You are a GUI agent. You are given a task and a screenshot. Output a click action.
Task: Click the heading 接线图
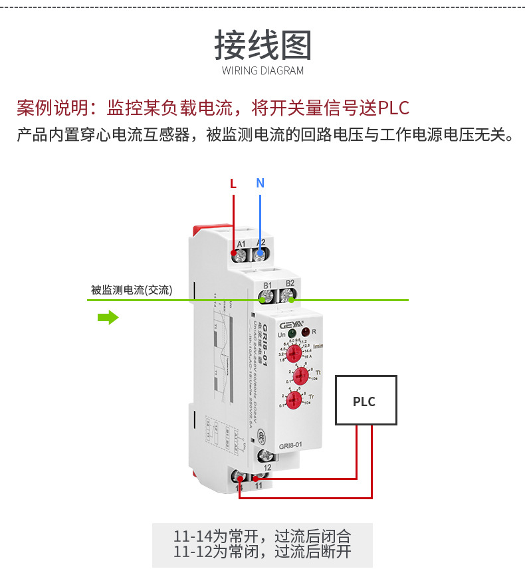coord(262,45)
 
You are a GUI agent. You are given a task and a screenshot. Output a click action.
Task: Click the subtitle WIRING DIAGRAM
coord(262,70)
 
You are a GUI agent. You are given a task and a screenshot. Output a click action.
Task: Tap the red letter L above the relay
coord(233,184)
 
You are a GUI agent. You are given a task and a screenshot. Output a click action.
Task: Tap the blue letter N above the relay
coord(260,183)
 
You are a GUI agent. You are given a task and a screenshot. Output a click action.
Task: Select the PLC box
coord(366,400)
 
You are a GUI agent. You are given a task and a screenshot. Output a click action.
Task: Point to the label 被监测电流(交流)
coord(131,290)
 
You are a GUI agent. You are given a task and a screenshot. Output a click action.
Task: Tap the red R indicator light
coord(306,331)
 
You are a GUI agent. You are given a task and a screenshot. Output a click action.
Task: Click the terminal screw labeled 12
coord(267,456)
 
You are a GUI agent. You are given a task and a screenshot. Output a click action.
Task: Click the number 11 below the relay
coord(259,486)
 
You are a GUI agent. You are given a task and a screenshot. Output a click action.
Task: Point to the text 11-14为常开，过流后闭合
coord(262,536)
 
